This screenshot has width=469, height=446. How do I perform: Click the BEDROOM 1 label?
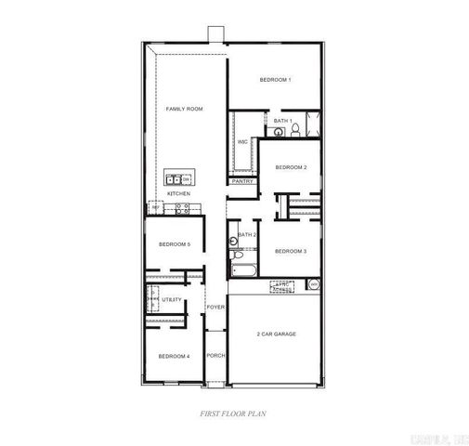click(x=276, y=80)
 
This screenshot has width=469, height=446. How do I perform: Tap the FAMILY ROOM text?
click(x=184, y=110)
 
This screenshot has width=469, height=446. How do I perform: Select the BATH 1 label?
click(x=283, y=121)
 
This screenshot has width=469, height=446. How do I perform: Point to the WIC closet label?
click(x=242, y=141)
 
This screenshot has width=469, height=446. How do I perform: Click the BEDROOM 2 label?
click(x=292, y=167)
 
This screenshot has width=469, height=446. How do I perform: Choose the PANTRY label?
click(x=242, y=181)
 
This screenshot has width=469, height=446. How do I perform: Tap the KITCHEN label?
click(x=178, y=193)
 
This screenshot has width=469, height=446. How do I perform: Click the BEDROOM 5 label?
click(x=174, y=244)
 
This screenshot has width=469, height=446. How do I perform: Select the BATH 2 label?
click(x=247, y=235)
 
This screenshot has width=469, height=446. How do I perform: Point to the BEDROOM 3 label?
click(x=292, y=252)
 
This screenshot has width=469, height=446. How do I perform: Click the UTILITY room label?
click(x=172, y=299)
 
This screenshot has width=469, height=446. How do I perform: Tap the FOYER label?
click(x=215, y=307)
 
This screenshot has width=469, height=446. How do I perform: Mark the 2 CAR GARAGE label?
click(x=276, y=334)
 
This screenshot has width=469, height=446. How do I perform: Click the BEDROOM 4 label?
click(x=174, y=357)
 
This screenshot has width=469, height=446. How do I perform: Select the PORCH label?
click(x=215, y=355)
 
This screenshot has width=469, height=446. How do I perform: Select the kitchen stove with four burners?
click(x=182, y=208)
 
